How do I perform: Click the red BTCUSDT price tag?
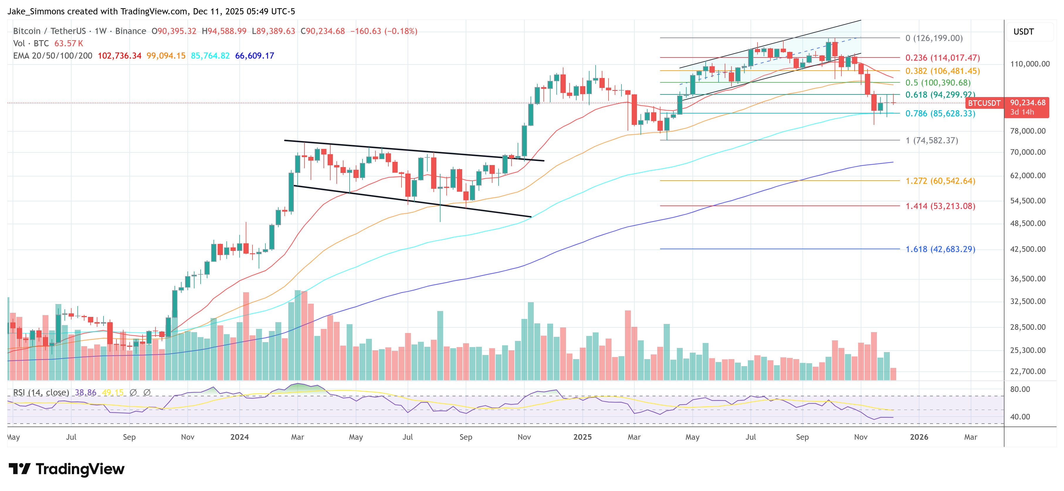tap(984, 103)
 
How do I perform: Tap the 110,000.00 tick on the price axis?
tap(1030, 64)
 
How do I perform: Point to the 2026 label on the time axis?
tap(919, 437)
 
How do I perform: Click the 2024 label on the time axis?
tap(240, 437)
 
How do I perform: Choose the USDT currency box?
tap(1024, 32)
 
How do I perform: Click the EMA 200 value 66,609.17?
tap(255, 56)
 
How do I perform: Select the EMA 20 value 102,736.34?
tap(119, 56)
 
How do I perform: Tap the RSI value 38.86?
tap(86, 392)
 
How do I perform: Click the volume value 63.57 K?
tap(69, 43)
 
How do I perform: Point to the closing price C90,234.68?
tap(323, 31)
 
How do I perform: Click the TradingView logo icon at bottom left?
tap(19, 469)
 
